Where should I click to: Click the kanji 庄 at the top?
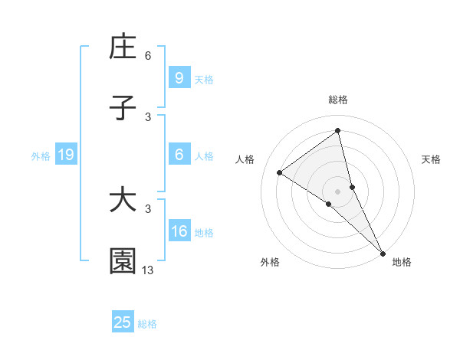123,47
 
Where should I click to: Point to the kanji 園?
123,261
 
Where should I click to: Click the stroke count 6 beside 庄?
148,56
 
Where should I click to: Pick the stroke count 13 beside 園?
148,270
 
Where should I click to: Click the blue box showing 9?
179,77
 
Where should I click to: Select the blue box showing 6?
179,155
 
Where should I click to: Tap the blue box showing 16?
179,231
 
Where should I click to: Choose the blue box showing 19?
65,155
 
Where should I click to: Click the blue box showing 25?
123,322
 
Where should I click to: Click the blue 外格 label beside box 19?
41,156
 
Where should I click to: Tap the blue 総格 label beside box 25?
147,324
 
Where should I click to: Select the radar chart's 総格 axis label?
338,100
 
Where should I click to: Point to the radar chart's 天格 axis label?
432,159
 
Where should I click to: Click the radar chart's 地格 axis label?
402,262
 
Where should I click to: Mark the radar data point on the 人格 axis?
280,172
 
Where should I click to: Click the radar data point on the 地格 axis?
383,253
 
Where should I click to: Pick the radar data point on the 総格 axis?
338,131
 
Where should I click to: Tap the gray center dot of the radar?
338,191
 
